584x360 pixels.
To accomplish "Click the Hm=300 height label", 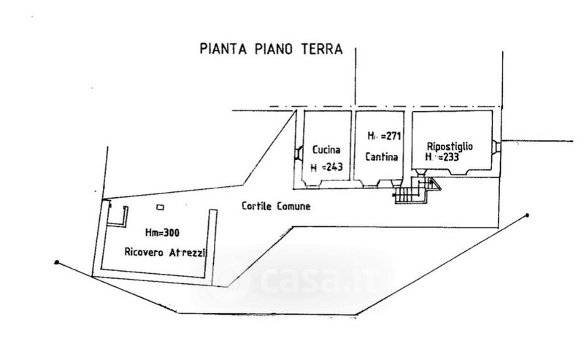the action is point(162,232).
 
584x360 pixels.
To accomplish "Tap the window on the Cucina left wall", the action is point(299,153).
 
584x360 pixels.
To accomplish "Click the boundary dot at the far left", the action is point(56,261).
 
